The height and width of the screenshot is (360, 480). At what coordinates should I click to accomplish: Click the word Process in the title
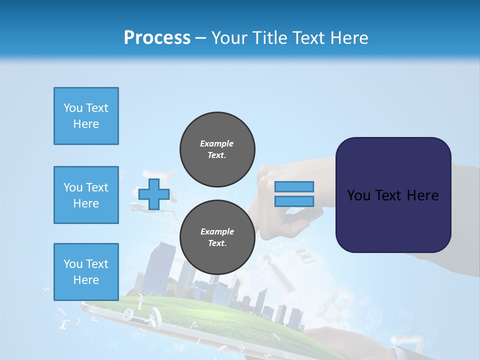click(157, 38)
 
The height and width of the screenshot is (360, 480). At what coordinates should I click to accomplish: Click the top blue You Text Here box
click(86, 116)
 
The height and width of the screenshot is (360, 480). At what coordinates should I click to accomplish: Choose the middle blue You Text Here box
click(86, 195)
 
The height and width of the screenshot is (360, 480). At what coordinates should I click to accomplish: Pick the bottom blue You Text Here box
click(86, 272)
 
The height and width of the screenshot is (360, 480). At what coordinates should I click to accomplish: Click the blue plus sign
click(153, 194)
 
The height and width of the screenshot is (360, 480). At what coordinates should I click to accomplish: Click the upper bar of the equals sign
click(294, 187)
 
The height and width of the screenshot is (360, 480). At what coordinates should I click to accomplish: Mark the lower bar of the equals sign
click(294, 201)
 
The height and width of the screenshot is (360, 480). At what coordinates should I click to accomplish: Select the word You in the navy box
click(358, 195)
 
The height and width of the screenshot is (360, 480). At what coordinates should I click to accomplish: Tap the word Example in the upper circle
click(217, 143)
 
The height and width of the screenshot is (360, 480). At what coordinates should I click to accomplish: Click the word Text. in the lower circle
click(217, 243)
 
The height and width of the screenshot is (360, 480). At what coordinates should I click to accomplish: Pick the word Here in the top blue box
click(86, 124)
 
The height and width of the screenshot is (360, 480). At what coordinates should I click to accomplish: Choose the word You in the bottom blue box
click(73, 264)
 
